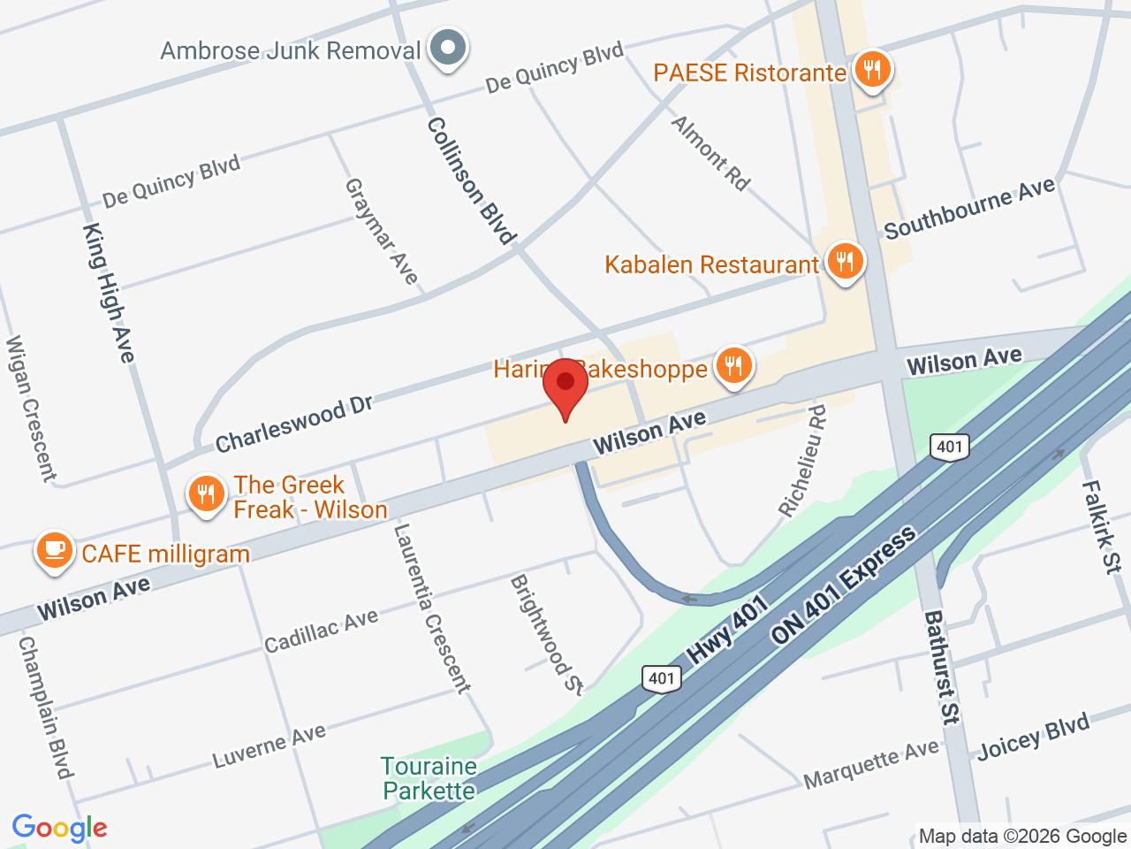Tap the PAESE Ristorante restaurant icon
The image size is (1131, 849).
coord(873,70)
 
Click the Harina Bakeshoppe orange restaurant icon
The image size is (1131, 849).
coord(733,364)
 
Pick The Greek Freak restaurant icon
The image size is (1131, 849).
coord(207,493)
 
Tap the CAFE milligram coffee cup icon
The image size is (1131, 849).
coord(55,550)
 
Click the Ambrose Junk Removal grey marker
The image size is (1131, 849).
coord(448,47)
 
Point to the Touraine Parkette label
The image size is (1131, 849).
coord(429,778)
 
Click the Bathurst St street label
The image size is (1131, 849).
coord(941,667)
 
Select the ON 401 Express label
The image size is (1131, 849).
coord(844,585)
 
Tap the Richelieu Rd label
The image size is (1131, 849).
coord(802,462)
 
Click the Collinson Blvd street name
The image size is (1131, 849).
coord(471,180)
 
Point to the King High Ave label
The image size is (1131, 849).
coord(109,293)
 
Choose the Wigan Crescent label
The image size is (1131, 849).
coord(31,408)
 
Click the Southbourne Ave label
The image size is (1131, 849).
coord(969,208)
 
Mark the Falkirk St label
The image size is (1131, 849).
coord(1101,527)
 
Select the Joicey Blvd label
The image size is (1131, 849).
coord(1033,738)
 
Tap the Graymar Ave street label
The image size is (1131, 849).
coord(381,232)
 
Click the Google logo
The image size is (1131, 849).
coord(60,828)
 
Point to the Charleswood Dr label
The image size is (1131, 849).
coord(293,424)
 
